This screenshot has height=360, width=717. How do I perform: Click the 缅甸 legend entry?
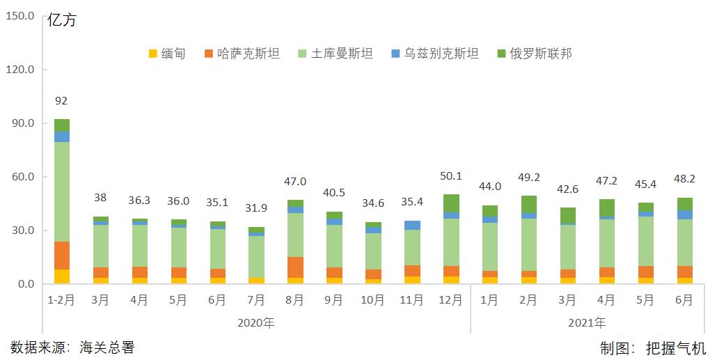pos(166,54)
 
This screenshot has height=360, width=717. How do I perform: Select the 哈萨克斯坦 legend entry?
pos(242,54)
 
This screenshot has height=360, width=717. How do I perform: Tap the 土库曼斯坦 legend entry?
pos(335,54)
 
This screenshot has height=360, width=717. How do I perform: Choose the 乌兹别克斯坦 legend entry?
pos(435,54)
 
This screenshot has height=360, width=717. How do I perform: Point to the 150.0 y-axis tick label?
pos(20,16)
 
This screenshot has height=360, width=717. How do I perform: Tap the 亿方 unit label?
pos(62,20)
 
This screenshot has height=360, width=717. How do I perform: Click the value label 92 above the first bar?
pos(61,100)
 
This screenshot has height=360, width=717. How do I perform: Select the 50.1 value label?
pos(450,175)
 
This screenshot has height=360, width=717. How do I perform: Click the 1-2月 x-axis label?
pos(61,300)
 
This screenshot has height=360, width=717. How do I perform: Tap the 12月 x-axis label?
pos(450,300)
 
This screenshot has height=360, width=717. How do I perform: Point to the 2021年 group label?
pos(587,322)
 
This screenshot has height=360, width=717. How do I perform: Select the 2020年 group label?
pos(255,322)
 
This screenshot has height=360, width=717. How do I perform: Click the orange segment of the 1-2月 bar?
pos(61,256)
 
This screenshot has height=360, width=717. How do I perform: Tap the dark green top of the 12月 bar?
pos(450,203)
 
